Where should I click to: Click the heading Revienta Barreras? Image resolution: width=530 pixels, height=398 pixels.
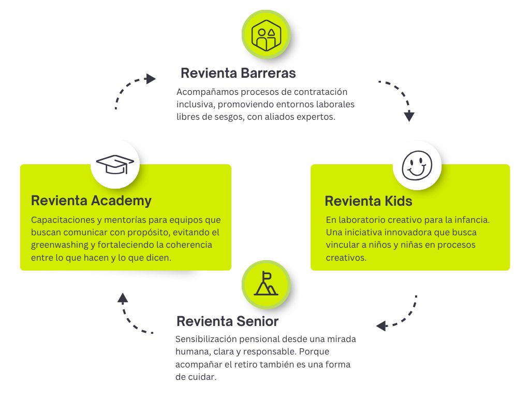pyautogui.click(x=238, y=73)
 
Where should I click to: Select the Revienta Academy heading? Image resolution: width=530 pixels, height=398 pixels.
pyautogui.click(x=91, y=201)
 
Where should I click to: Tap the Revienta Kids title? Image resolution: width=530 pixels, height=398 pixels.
pyautogui.click(x=368, y=201)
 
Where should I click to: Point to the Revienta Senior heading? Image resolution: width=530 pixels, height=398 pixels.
pyautogui.click(x=227, y=321)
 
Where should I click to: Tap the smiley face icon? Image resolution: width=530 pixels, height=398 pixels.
pyautogui.click(x=417, y=165)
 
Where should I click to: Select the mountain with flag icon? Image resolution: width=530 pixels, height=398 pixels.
pyautogui.click(x=266, y=284)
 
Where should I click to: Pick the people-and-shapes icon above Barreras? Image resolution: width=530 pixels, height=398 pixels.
pyautogui.click(x=266, y=35)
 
